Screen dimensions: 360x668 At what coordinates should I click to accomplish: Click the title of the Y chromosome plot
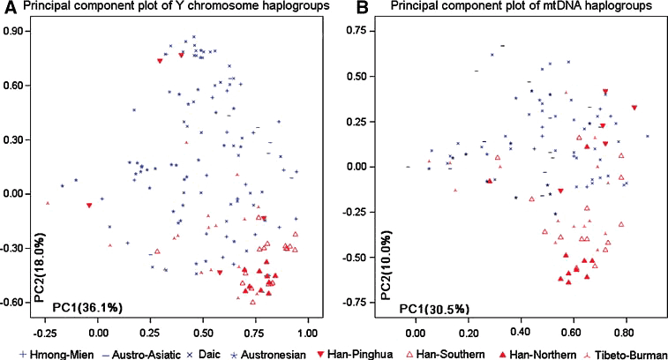coord(168,9)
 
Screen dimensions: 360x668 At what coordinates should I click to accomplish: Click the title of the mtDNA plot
coord(500,9)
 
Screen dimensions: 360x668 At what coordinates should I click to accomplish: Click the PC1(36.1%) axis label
coord(86,306)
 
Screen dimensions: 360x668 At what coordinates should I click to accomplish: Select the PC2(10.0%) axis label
coord(385,265)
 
